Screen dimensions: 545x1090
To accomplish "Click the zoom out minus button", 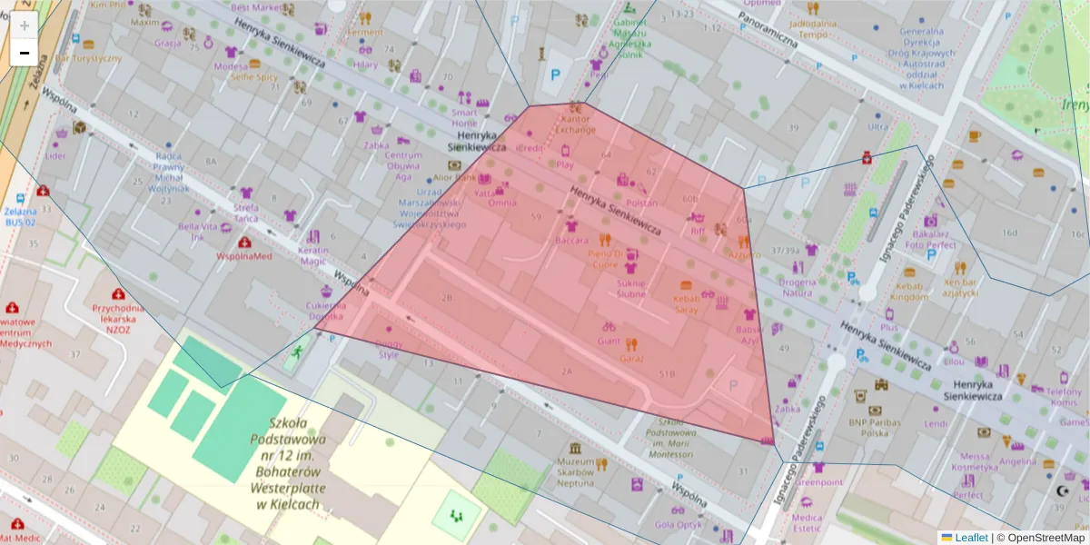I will coord(24,53).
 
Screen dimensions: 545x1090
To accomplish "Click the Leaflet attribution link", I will coord(971,538).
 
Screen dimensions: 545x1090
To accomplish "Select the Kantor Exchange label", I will coord(577,124).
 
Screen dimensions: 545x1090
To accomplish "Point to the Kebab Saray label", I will coord(686,303).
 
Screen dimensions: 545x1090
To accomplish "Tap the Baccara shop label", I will coord(571,241).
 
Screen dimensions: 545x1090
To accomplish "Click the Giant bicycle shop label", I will coord(608,341).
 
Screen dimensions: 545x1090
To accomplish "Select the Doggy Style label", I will coord(388,349).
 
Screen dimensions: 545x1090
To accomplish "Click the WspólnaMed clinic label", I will coord(243,256).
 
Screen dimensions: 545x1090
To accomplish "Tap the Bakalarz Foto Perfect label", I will coord(930,239).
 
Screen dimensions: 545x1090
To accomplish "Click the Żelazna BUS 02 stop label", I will coord(20,216).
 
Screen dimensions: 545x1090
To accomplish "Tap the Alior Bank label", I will coord(455,177).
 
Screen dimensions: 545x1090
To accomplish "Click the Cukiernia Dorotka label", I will coord(326,311).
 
